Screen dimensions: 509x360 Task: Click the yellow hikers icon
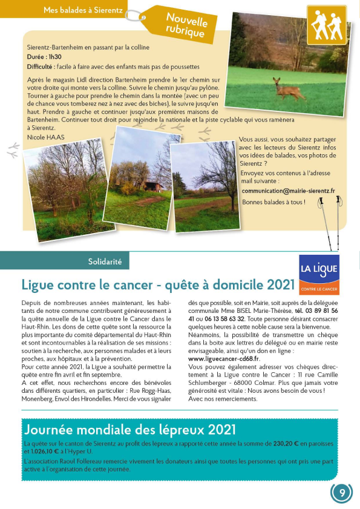tap(327, 25)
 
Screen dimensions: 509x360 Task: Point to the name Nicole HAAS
tap(45, 137)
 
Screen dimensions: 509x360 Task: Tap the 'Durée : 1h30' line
tap(44, 56)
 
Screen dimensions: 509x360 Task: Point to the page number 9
tap(342, 493)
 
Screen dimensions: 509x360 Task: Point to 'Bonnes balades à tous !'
tap(273, 202)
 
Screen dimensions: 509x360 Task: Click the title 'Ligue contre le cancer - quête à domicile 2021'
tap(159, 284)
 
